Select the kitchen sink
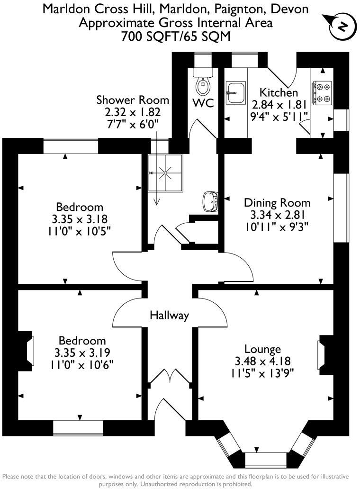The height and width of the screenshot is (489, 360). point(235,92)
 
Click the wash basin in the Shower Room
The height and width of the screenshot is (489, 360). point(210,201)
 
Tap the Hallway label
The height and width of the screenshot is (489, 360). point(169,315)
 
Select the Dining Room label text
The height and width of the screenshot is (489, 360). point(277,203)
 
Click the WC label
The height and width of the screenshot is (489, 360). point(203,103)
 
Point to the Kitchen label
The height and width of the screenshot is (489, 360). point(279,92)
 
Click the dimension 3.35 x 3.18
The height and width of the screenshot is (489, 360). point(79,219)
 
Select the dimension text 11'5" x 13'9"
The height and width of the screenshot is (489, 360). point(262,373)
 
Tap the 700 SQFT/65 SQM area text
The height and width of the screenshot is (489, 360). point(176,36)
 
